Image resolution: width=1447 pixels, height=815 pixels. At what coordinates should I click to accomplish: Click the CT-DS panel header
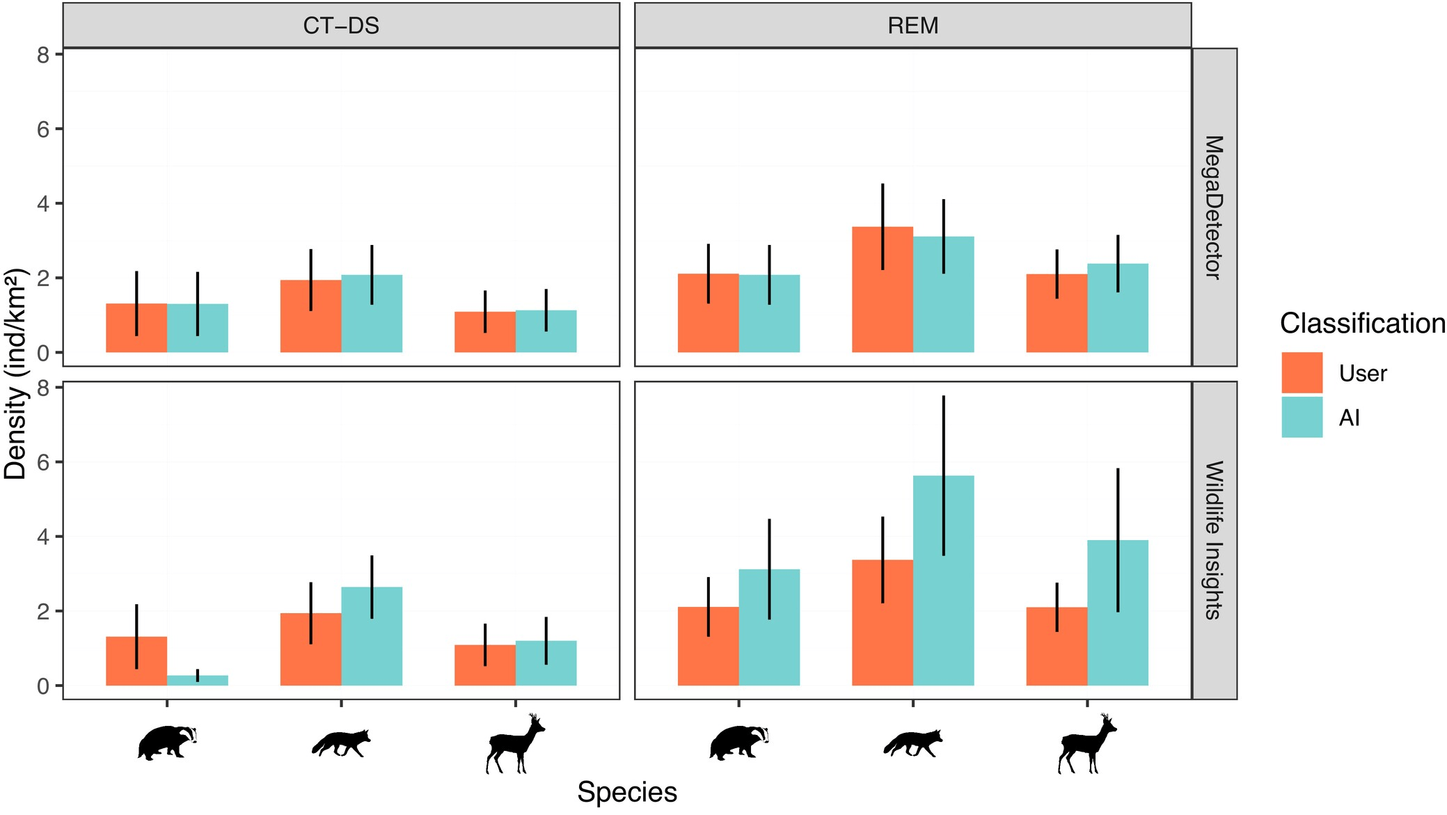coord(341,26)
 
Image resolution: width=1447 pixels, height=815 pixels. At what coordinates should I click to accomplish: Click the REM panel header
coord(912,26)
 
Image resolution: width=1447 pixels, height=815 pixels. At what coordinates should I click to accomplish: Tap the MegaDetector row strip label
coord(1214,207)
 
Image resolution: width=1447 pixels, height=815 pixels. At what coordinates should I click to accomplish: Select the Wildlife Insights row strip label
coord(1214,539)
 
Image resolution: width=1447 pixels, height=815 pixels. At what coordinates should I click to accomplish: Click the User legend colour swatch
coord(1302,372)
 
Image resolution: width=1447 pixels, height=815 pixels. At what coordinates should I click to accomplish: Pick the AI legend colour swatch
coord(1302,417)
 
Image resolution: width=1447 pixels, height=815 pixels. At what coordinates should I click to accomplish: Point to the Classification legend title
coord(1362,324)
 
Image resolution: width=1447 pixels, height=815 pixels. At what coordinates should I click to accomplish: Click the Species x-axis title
coord(626,792)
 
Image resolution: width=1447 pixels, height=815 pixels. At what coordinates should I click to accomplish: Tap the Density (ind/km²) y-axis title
coord(15,374)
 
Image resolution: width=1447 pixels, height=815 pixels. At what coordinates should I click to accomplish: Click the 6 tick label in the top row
coord(43,129)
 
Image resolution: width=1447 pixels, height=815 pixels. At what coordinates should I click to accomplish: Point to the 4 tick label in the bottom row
coord(43,537)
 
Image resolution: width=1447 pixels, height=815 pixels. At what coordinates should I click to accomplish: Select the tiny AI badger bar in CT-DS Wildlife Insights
coord(198,680)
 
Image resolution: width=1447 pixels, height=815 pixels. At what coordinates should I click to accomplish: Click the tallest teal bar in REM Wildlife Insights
coord(943,580)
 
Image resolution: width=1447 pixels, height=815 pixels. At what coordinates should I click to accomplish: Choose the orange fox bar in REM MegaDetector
coord(883,290)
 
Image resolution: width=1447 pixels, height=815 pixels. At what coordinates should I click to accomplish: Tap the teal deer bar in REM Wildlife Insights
coord(1118,612)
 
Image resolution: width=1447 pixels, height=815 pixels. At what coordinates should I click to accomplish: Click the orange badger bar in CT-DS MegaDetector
coord(136,328)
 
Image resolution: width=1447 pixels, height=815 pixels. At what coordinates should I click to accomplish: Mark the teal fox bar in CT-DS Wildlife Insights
coord(372,636)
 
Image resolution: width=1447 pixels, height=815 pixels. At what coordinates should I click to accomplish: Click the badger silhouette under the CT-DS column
coord(167,743)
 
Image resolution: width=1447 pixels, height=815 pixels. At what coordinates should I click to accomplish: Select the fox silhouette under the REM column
coord(912,743)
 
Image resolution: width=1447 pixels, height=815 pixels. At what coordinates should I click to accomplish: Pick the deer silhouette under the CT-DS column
coord(515,743)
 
